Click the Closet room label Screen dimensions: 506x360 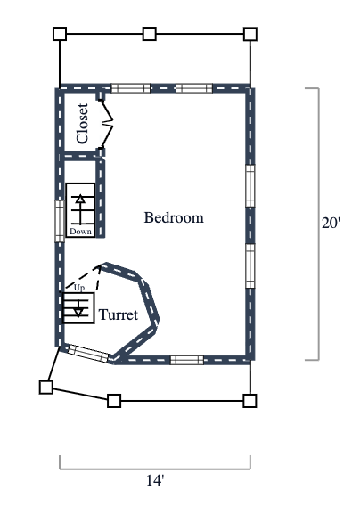click(x=83, y=124)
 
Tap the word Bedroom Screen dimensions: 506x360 click(x=174, y=217)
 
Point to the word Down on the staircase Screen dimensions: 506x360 click(x=80, y=232)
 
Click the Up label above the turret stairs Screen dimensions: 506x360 click(x=79, y=289)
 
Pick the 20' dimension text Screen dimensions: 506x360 click(x=331, y=224)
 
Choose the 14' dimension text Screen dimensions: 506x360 click(x=155, y=480)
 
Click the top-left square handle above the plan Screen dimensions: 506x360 click(x=60, y=34)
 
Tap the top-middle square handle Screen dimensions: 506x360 click(x=150, y=34)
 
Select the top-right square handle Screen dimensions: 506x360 click(x=250, y=34)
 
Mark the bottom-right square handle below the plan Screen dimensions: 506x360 click(x=250, y=400)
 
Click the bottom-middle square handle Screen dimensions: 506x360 click(x=114, y=400)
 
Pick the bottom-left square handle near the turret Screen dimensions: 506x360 click(x=45, y=387)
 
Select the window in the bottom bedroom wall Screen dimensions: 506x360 click(x=187, y=360)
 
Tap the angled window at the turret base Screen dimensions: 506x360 click(x=87, y=353)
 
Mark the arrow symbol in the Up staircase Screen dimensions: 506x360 click(x=79, y=309)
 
